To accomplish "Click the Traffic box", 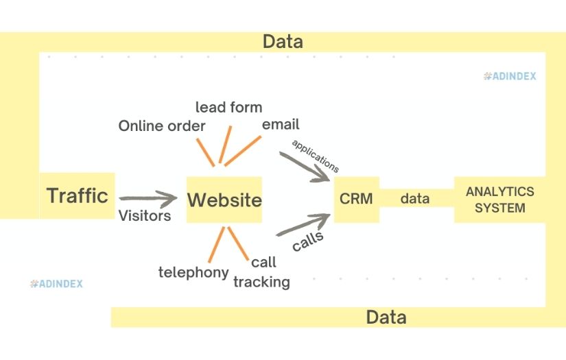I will tap(77, 196).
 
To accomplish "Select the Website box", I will tap(224, 200).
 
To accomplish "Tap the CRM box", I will tap(356, 199).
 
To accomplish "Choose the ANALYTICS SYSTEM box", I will tap(499, 200).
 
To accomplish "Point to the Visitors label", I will tap(145, 216).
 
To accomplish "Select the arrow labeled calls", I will tap(304, 226).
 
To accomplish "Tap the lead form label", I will tap(228, 107).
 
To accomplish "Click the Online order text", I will tap(162, 126).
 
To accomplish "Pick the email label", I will tap(281, 125).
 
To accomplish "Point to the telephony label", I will tap(193, 272).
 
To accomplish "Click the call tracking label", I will tap(262, 272).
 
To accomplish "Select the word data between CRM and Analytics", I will tap(415, 199).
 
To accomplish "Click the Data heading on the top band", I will tap(283, 42).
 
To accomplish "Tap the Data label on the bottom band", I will tap(386, 317).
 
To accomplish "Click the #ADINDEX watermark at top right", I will tap(510, 77).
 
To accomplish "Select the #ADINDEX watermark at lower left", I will tap(56, 283).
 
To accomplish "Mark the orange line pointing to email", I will tap(243, 150).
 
